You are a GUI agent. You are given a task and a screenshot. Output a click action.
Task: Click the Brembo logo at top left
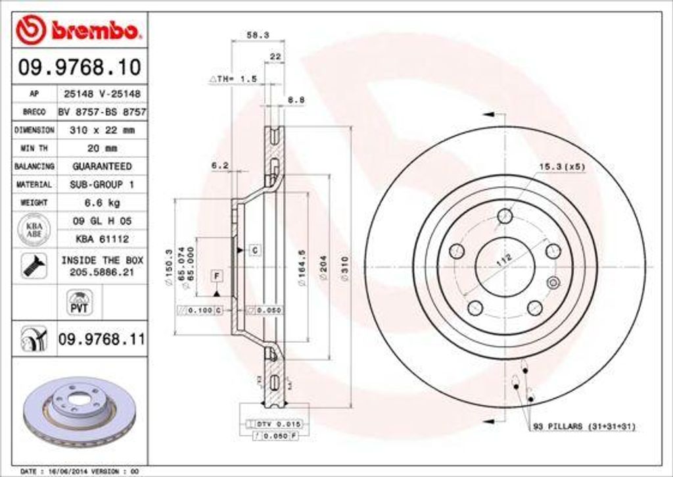point(79,30)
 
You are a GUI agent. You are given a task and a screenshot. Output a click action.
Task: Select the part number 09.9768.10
point(80,67)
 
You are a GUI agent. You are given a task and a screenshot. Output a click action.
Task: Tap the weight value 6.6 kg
point(102,203)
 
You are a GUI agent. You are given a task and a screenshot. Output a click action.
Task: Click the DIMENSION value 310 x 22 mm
point(102,130)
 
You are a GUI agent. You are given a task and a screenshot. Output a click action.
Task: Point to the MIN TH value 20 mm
point(102,148)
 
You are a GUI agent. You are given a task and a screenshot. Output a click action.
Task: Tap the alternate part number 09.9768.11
point(102,339)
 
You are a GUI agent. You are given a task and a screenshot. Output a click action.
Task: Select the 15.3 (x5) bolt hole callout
point(562,166)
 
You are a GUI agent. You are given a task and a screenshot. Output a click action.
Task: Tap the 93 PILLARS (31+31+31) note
point(583,427)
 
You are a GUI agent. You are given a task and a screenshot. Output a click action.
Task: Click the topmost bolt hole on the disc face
point(505,216)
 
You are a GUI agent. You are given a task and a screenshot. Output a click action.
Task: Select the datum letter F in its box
point(216,275)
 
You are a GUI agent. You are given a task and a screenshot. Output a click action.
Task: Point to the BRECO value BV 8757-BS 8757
point(102,113)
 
